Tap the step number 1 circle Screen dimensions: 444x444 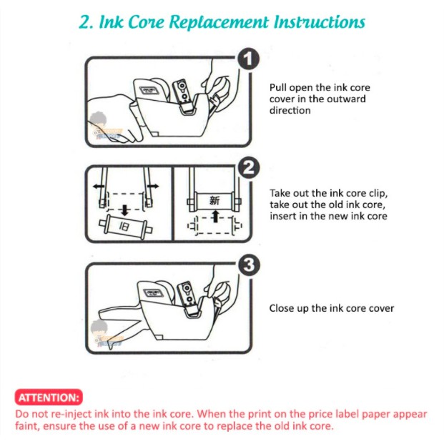pos(248,59)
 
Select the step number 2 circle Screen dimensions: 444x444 pos(249,167)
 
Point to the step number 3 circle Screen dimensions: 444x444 pos(249,265)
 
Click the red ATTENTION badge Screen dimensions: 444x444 pos(49,398)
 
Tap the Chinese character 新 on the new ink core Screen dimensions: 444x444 pos(214,200)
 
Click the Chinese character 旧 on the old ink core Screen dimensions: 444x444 pos(124,226)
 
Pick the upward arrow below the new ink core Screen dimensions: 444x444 pos(215,216)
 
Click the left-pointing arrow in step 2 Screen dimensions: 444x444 pos(99,187)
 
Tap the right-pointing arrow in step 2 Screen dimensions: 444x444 pos(153,186)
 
